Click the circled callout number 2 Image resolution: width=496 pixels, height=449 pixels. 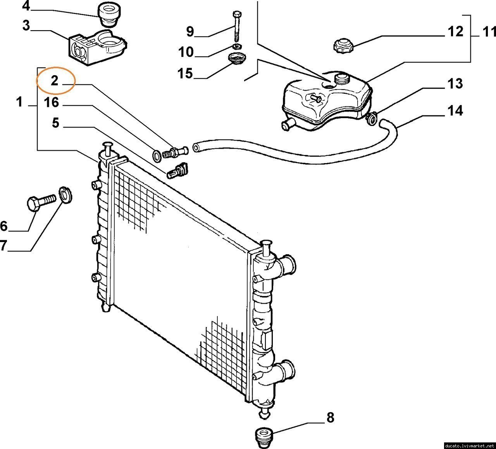click(x=55, y=81)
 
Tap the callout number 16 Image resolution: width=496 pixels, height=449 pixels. click(x=52, y=102)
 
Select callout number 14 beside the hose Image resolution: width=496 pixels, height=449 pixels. click(x=455, y=110)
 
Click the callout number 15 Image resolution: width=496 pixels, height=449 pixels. click(x=185, y=74)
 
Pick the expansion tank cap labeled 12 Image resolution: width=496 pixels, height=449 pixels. click(x=343, y=45)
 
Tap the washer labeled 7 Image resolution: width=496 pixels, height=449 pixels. click(x=65, y=195)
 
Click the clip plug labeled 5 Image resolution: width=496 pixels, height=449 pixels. click(x=177, y=170)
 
